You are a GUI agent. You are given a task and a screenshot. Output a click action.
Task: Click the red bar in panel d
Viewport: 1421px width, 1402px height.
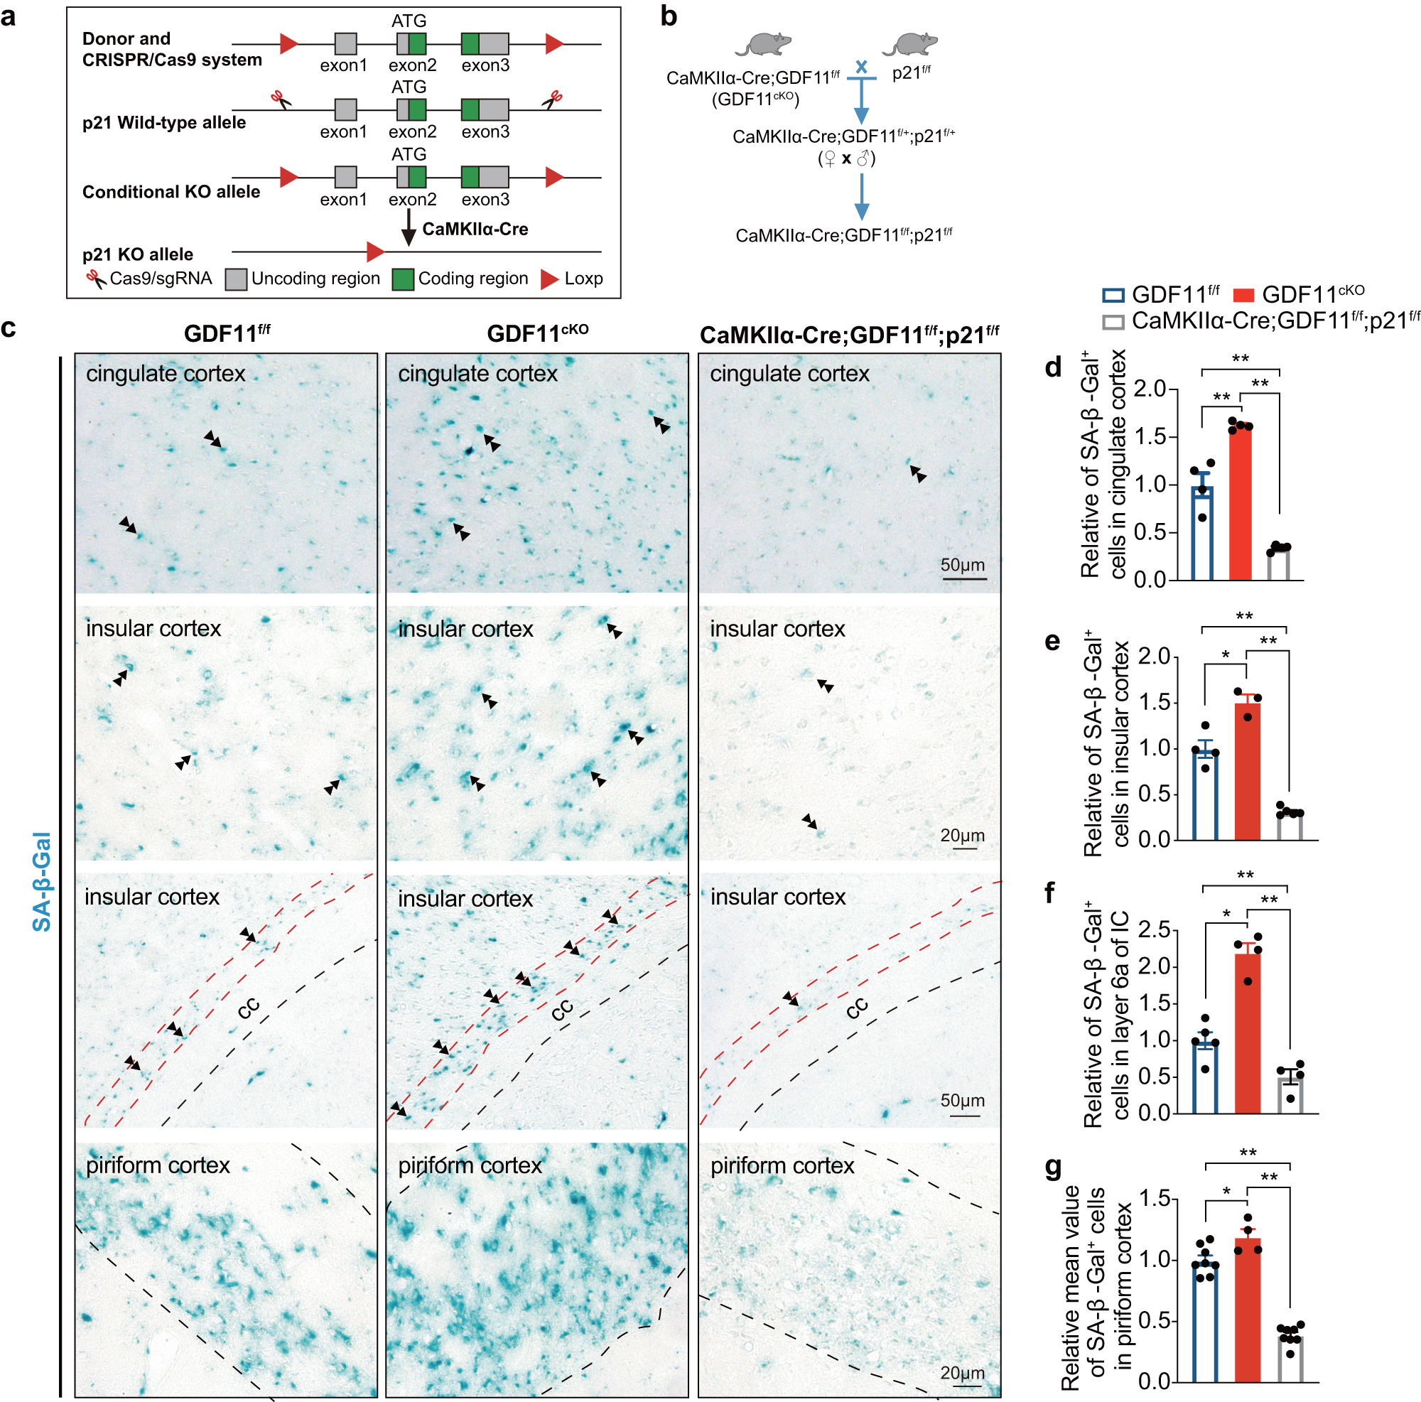click(1240, 504)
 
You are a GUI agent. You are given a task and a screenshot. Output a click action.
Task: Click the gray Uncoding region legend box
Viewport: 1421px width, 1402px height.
click(236, 279)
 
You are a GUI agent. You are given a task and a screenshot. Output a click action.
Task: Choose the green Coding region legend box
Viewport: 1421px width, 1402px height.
click(402, 279)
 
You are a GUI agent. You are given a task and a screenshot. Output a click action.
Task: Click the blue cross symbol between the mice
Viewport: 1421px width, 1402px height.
click(861, 67)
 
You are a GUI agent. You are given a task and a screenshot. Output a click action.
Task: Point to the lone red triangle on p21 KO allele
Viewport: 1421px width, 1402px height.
click(375, 252)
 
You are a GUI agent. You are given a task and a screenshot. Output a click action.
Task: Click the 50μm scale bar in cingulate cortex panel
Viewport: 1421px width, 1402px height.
click(963, 579)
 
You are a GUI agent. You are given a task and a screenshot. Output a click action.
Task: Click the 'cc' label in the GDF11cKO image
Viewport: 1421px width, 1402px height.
click(562, 1010)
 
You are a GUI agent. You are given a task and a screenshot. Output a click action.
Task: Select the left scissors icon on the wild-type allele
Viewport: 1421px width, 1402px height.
click(279, 99)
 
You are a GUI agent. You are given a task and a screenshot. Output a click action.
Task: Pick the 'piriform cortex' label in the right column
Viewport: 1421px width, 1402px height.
click(782, 1166)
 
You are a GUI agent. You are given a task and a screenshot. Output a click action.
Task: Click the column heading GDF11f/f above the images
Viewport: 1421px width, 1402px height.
click(227, 333)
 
